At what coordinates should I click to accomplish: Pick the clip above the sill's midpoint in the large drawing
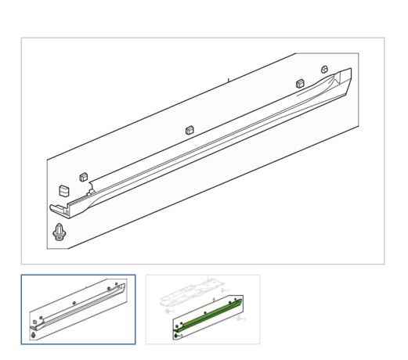pyautogui.click(x=190, y=130)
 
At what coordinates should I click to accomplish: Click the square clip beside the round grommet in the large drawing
pyautogui.click(x=299, y=83)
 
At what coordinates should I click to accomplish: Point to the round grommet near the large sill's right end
pyautogui.click(x=324, y=70)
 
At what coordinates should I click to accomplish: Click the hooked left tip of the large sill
pyautogui.click(x=56, y=209)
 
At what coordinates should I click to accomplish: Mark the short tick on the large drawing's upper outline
pyautogui.click(x=228, y=79)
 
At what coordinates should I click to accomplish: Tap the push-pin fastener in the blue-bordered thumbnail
pyautogui.click(x=34, y=336)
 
